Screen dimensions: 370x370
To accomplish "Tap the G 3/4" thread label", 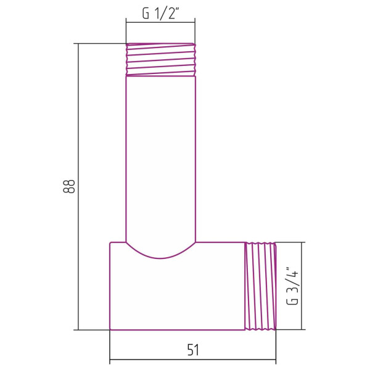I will [293, 285].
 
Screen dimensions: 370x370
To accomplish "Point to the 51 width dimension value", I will [193, 350].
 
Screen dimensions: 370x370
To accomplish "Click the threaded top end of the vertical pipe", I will [161, 59].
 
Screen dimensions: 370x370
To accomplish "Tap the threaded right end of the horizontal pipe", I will [261, 286].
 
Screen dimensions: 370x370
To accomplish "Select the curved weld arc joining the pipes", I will [161, 254].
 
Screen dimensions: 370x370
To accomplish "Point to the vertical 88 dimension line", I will [79, 185].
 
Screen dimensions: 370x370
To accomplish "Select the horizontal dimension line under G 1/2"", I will [161, 22].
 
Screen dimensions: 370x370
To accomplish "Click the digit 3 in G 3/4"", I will [293, 287].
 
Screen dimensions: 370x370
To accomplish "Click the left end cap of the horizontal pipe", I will [110, 286].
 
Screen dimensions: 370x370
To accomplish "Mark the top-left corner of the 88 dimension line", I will [79, 44].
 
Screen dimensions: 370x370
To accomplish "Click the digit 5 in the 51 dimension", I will [189, 350].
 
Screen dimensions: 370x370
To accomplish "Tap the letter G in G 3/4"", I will [293, 302].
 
